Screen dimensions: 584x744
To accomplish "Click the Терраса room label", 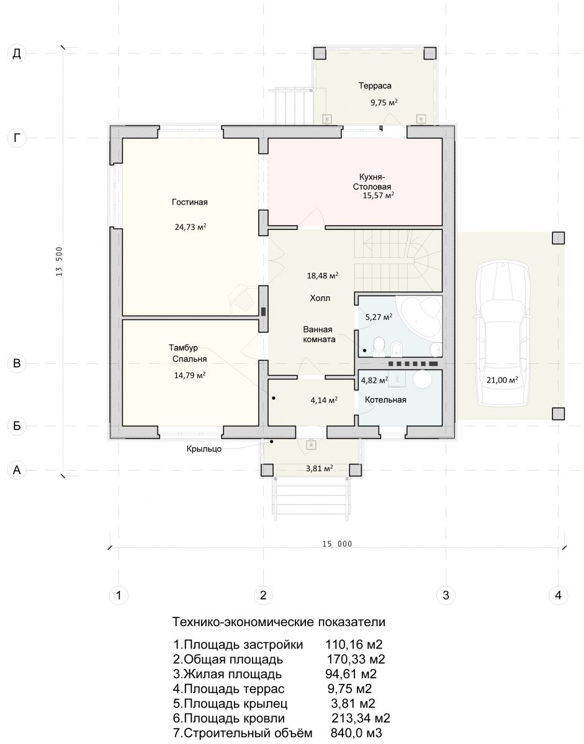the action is point(375,86).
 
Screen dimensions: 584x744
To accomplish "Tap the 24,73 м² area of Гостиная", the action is point(191,227).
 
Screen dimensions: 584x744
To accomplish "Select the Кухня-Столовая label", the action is point(372,182).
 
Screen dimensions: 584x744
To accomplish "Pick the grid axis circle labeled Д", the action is point(17,54).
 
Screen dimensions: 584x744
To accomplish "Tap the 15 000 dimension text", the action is point(337,544).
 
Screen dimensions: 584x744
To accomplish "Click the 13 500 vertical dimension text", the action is point(60,261).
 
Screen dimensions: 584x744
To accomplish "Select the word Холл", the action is point(320,298).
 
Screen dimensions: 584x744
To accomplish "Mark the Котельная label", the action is point(385,400).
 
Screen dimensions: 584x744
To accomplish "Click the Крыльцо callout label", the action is point(204,449).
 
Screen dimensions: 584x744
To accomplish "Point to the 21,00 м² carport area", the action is point(502,379).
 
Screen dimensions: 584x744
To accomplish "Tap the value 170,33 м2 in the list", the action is point(356,659).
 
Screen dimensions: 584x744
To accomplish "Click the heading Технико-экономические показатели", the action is point(279,622).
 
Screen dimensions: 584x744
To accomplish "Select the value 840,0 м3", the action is point(356,733).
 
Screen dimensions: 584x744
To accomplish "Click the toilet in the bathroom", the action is point(379,345).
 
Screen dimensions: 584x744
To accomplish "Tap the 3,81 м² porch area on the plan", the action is point(320,468).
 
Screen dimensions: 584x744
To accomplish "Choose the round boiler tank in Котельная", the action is point(422,379).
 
